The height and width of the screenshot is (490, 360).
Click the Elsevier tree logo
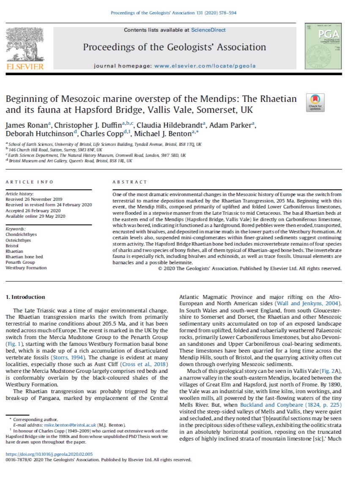24,47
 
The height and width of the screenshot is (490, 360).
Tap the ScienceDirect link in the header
208,30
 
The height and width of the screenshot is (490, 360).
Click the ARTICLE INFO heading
30,182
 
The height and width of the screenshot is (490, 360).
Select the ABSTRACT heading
129,182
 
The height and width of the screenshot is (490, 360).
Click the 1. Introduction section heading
25,297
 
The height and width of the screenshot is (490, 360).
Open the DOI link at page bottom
49,454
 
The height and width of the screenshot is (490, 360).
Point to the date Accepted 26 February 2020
33,211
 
